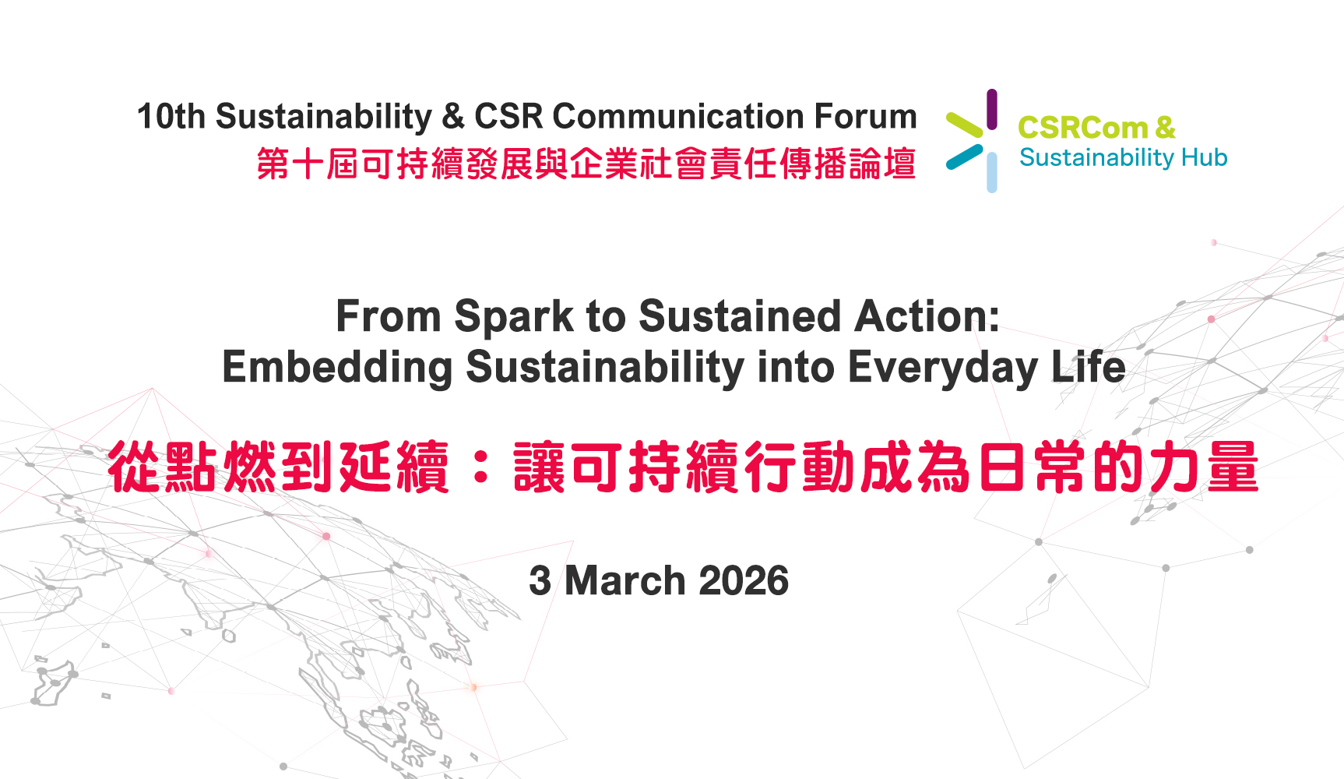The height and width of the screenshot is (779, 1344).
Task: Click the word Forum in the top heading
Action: pos(866,116)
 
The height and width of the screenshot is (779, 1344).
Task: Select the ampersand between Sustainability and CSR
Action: pos(453,116)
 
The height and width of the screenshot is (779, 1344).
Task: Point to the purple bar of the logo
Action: pos(991,109)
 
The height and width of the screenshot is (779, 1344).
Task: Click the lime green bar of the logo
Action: pos(965,125)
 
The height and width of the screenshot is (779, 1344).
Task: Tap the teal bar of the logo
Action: pos(965,157)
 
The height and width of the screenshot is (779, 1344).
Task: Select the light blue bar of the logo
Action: pos(991,172)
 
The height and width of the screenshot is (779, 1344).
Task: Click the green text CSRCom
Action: pos(1082,127)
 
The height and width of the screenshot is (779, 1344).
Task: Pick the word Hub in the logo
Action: pos(1204,157)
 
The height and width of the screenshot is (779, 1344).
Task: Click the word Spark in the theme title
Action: pos(514,318)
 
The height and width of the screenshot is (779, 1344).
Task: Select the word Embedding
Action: pos(337,368)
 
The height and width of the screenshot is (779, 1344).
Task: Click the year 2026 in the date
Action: pos(744,581)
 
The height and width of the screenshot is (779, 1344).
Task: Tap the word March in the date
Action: pos(625,581)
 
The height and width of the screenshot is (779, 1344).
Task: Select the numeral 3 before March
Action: pos(540,581)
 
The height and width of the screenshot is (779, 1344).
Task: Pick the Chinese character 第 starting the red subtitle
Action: pos(273,164)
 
